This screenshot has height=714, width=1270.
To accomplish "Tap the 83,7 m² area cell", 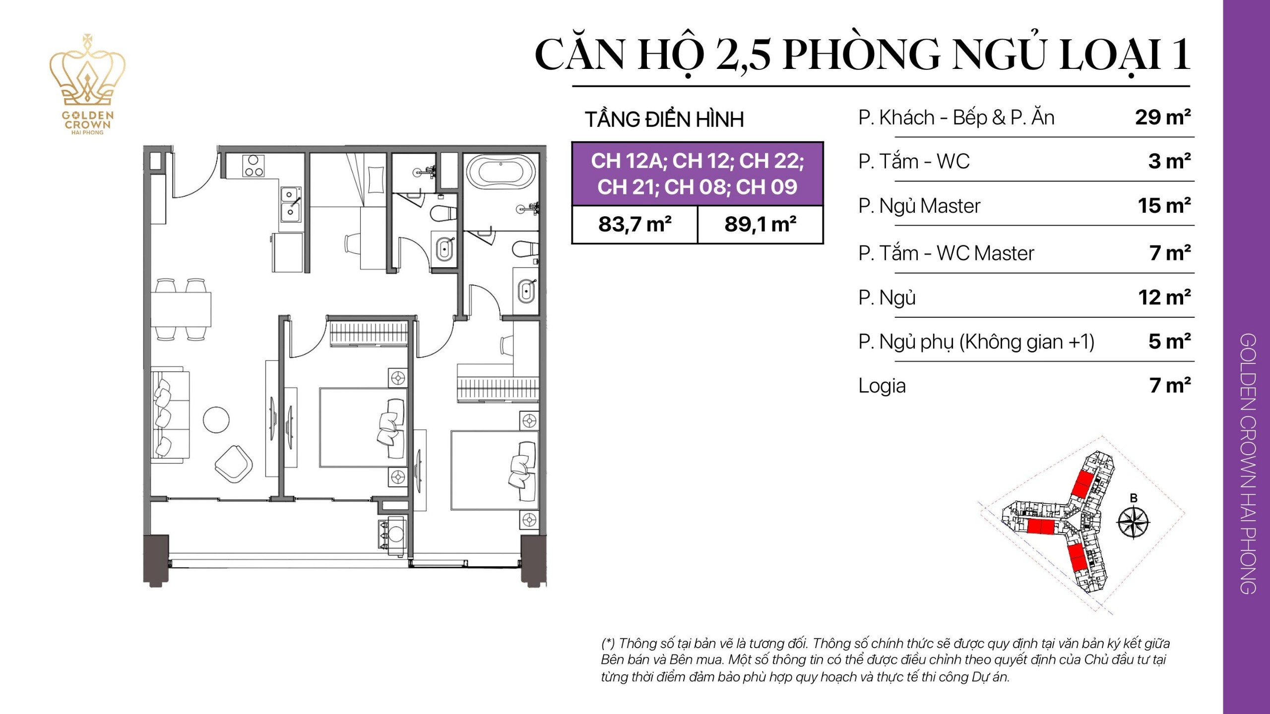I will coord(635,225).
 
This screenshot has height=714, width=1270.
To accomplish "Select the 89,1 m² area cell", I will coord(760,225).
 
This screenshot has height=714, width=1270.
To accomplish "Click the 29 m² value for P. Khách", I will coord(1162,118).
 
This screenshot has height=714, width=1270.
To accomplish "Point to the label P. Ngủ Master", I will coord(919,206).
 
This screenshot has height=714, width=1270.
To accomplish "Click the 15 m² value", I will coord(1164,206).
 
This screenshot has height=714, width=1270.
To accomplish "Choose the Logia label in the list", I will coord(882,386).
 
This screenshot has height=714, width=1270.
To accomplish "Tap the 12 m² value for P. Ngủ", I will coord(1164,297).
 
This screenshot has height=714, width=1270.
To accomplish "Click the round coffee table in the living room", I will coord(216,419).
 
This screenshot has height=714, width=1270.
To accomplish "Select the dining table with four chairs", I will coord(181,309).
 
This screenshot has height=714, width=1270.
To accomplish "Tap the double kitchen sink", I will coord(291,203).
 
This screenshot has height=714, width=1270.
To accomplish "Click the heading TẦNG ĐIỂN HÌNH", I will coord(664,119).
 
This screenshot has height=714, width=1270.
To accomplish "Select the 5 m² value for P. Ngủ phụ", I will coord(1169,342).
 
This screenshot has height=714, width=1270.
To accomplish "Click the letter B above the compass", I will coord(1133,498).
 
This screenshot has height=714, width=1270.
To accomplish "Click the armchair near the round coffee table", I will coord(234,463).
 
